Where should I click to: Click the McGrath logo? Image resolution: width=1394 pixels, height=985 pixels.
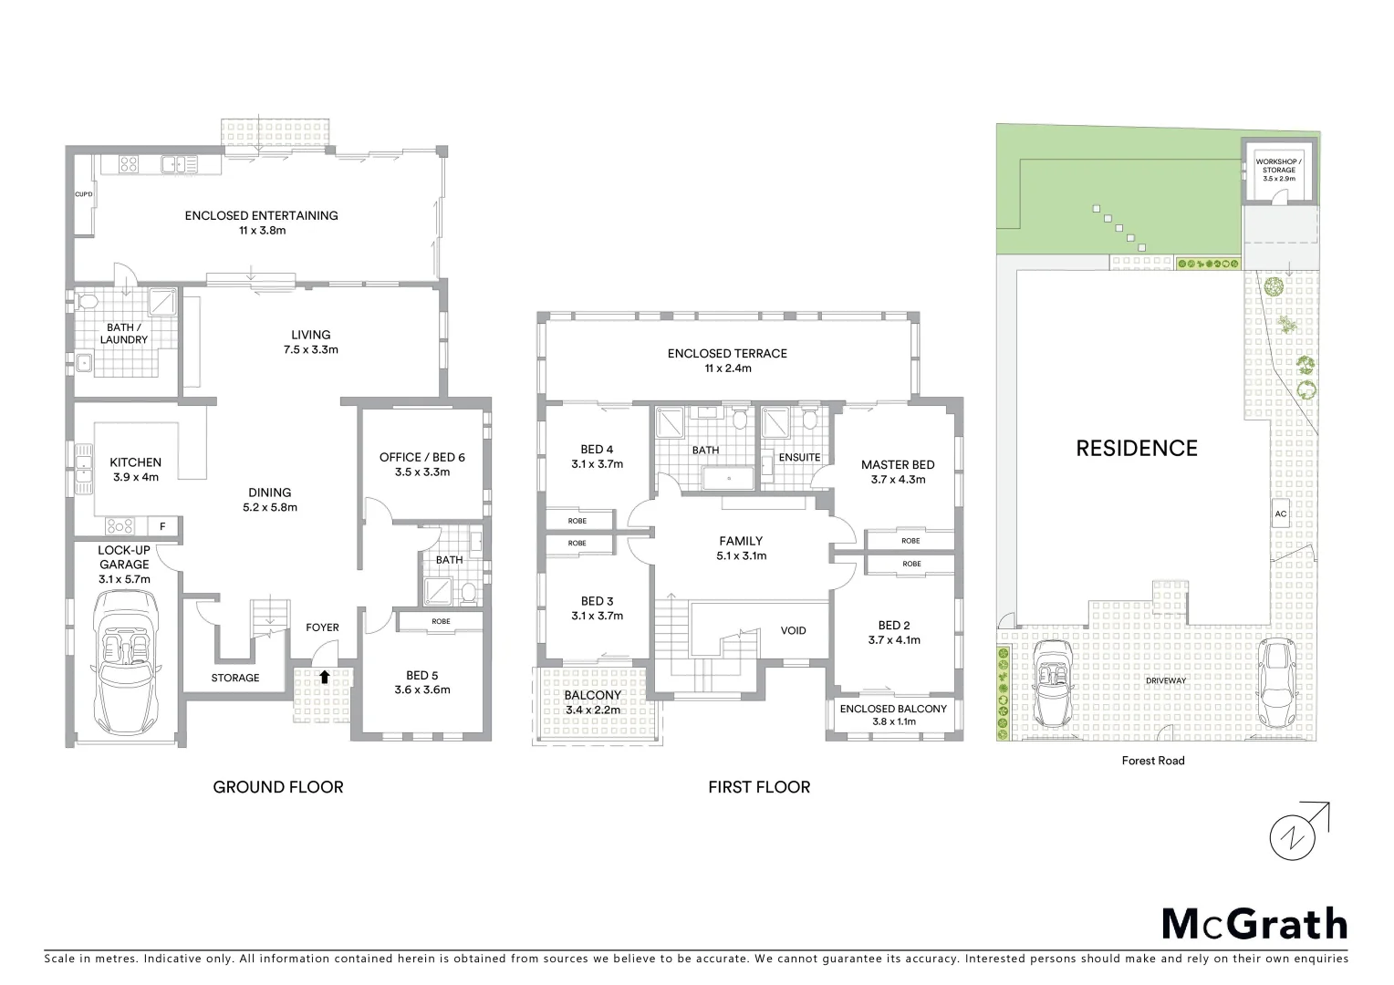1254,924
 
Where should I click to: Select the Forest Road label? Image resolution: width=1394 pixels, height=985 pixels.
1152,761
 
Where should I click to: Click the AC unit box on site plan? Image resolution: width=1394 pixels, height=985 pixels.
1280,514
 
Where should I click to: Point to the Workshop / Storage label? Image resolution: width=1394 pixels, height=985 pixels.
1279,170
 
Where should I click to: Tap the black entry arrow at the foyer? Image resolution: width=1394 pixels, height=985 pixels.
324,677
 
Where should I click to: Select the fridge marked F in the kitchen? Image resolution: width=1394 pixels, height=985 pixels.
162,526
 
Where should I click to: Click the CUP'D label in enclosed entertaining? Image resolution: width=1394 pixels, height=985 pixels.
84,194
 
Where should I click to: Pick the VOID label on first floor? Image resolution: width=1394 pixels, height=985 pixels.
793,630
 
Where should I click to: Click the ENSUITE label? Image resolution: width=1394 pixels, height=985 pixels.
799,457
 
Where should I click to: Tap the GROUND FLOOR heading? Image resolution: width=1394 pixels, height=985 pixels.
278,787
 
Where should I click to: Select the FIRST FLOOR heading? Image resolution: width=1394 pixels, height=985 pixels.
759,787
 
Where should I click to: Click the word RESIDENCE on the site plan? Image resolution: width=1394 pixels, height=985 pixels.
1136,448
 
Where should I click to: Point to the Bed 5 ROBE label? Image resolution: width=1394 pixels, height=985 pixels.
441,621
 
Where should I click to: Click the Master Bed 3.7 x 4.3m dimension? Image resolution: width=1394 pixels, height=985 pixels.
898,480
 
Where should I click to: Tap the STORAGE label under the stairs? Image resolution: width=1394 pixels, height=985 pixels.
235,678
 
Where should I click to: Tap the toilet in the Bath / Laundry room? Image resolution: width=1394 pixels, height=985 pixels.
89,301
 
